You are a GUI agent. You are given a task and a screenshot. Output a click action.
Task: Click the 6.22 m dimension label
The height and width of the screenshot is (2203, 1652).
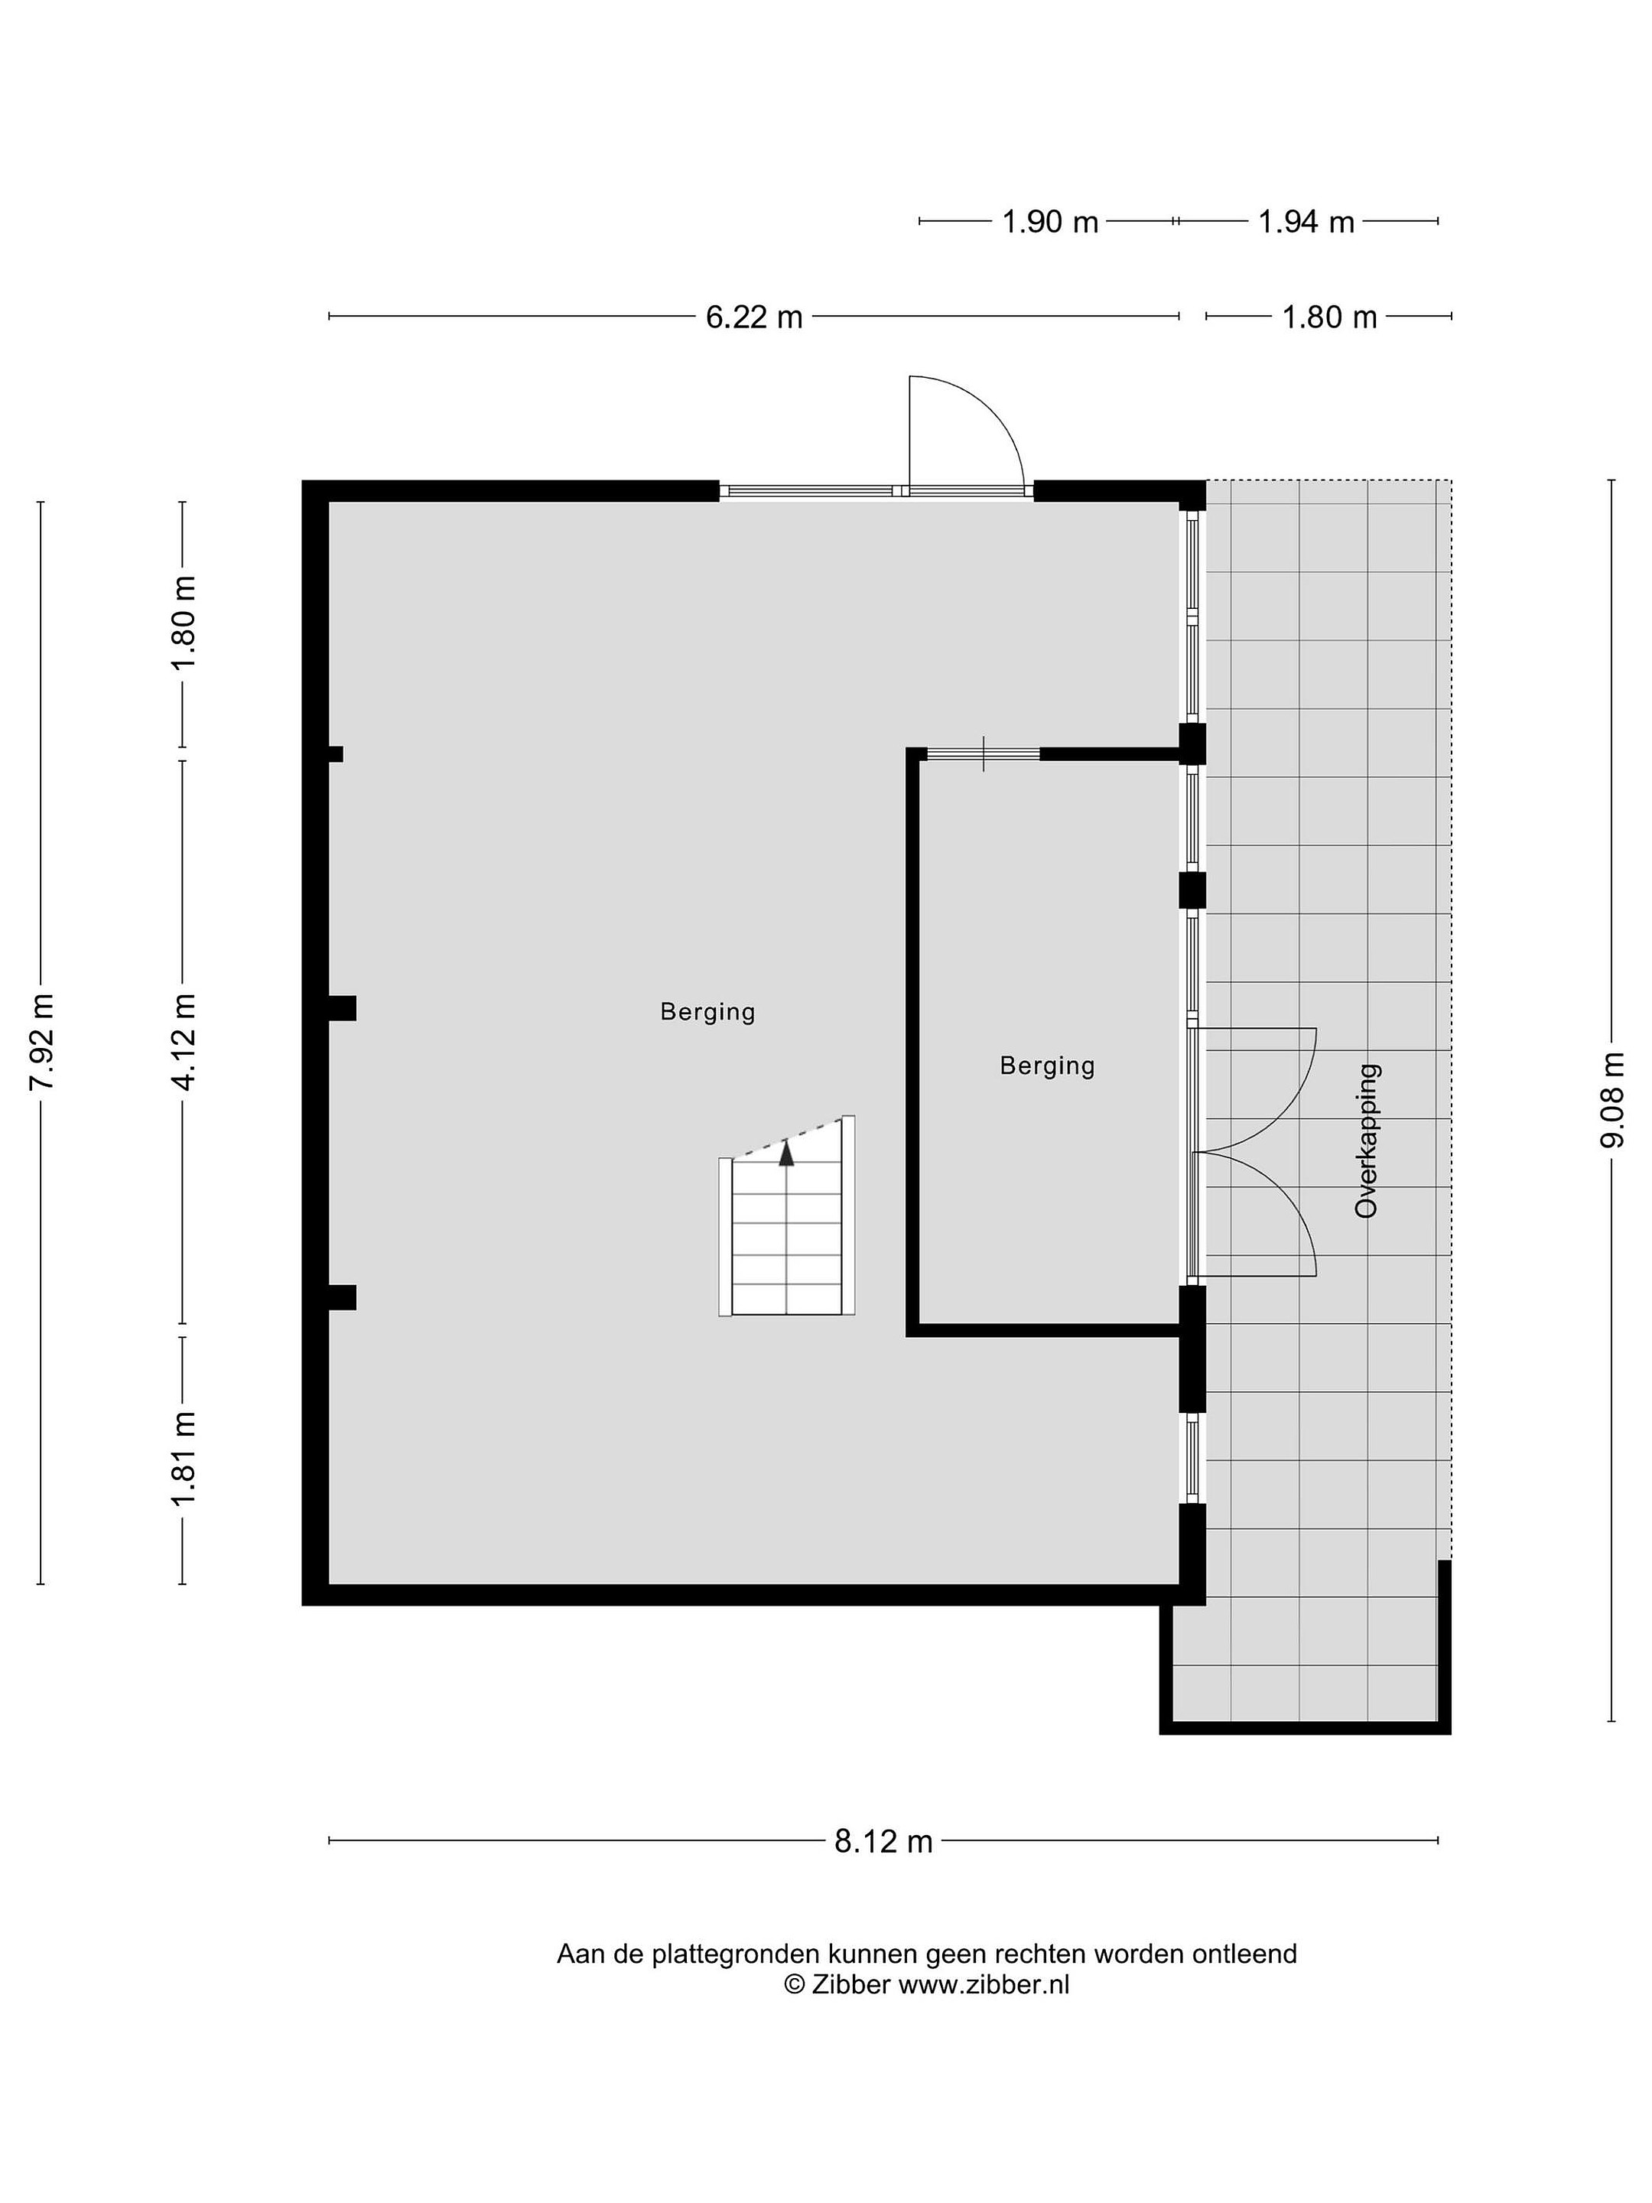[x=754, y=317]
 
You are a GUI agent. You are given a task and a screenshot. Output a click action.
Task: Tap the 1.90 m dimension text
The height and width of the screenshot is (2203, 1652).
[x=1049, y=221]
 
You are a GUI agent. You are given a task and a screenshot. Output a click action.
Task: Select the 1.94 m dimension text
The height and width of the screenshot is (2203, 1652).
[x=1306, y=221]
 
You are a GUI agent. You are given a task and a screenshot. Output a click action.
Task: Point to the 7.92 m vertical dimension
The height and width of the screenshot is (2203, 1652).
[x=42, y=1041]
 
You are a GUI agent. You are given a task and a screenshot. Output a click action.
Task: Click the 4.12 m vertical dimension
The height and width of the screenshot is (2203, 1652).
[x=184, y=1041]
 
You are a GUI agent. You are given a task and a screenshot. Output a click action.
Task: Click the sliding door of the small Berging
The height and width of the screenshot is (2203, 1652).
[x=983, y=754]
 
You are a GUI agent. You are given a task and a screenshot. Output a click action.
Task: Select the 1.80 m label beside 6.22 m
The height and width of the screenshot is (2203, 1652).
[x=1329, y=317]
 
